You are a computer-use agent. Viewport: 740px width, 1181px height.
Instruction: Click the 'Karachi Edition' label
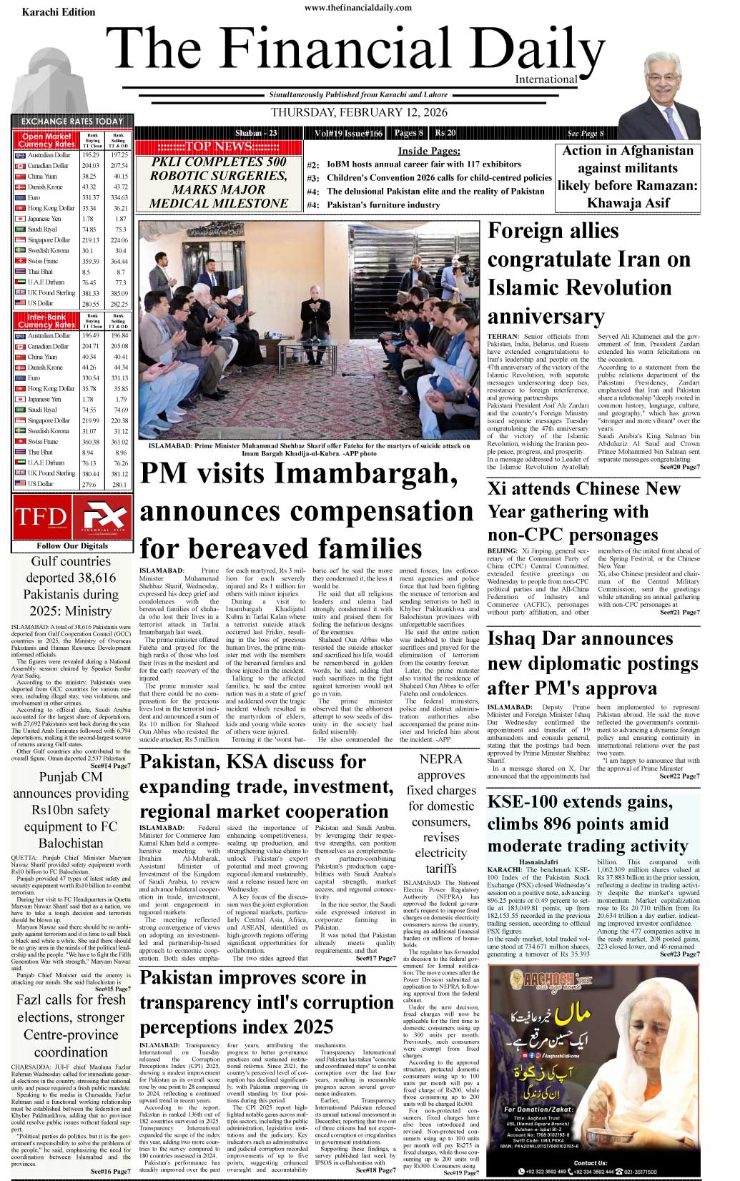[59, 12]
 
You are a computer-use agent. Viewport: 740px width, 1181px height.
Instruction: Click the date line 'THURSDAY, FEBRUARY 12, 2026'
[359, 112]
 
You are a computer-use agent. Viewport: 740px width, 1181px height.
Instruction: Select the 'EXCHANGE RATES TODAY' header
[72, 122]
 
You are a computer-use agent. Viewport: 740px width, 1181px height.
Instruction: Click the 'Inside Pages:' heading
[428, 151]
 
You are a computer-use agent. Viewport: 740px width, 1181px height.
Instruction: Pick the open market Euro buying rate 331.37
[91, 197]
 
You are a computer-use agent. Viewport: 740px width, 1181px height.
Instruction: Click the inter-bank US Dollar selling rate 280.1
[119, 484]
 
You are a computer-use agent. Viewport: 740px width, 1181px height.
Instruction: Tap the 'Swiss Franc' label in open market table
[43, 261]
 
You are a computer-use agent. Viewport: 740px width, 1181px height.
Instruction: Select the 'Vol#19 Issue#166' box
[348, 133]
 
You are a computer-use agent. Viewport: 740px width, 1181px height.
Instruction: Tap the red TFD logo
[41, 516]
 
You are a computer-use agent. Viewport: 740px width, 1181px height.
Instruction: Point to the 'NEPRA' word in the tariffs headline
[441, 758]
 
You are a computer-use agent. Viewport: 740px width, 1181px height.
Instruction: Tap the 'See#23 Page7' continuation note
[679, 954]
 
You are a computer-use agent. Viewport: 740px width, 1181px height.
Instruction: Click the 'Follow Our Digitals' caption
[72, 545]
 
